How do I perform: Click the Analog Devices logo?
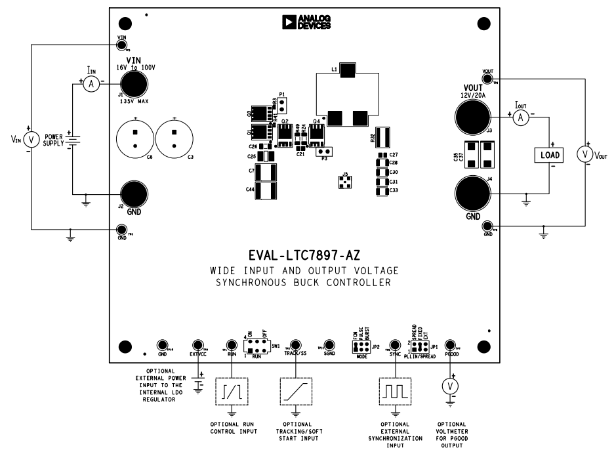306,23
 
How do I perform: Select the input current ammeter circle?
92,83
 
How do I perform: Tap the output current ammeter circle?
520,117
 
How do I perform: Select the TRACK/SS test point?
295,345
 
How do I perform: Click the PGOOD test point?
450,345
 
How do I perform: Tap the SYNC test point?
395,345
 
